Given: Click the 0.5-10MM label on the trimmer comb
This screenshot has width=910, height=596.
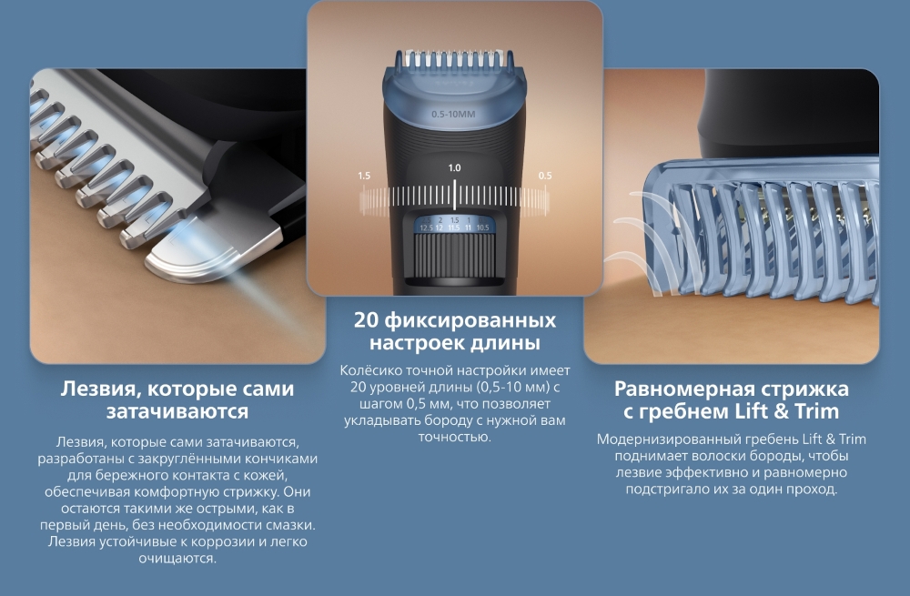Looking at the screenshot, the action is point(453,115).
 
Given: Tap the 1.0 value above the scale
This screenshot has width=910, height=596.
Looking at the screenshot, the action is point(454,167).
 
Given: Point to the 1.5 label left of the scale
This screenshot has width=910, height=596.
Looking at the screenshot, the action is point(364,176).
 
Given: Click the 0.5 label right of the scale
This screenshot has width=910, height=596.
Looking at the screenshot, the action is point(545,176).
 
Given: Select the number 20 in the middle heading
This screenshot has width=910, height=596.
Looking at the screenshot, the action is point(366,320).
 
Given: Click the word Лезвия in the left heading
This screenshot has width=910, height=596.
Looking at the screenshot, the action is point(97,389).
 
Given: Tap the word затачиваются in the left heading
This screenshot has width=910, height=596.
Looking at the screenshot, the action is point(177,411).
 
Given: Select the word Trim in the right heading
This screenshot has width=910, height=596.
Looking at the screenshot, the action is point(817,411).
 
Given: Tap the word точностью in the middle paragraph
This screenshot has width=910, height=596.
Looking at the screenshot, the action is point(454,437).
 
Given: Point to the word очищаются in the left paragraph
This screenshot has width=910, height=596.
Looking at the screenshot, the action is point(177,559).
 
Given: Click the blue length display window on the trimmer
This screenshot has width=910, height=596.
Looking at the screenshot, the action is point(454,224).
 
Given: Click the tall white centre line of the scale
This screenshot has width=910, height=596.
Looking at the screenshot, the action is point(454,195).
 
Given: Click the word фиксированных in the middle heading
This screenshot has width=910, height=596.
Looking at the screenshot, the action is point(470,320).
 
